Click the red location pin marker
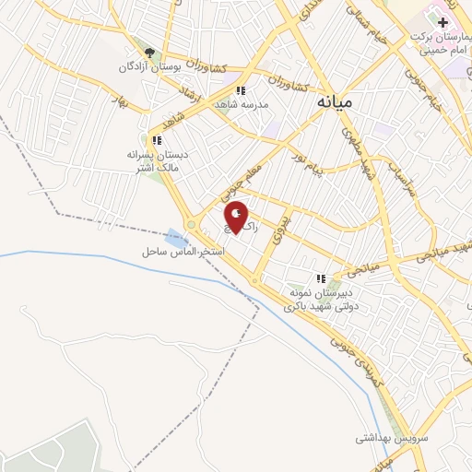tap(237, 218)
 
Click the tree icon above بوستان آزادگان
tap(150, 53)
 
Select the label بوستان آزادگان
tap(150, 68)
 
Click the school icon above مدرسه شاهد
tap(241, 90)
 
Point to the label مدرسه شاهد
tap(241, 105)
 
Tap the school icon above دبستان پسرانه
tap(157, 140)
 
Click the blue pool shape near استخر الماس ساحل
tap(176, 237)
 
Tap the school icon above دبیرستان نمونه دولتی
tap(321, 277)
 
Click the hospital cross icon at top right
tap(442, 21)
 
